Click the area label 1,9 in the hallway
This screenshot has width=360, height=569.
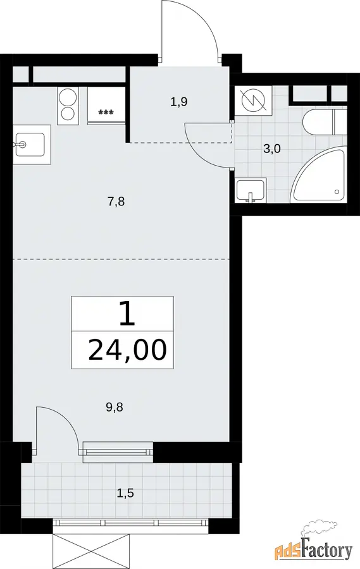tap(178, 102)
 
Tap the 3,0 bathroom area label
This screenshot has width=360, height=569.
tap(272, 149)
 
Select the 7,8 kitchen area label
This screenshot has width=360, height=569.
tap(116, 201)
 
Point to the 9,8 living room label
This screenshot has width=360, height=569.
tap(115, 408)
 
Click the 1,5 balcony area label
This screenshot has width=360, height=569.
tap(125, 493)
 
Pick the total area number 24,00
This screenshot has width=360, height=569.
tap(127, 350)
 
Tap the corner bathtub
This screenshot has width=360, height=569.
tap(320, 178)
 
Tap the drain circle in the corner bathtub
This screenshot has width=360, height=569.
tap(337, 192)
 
